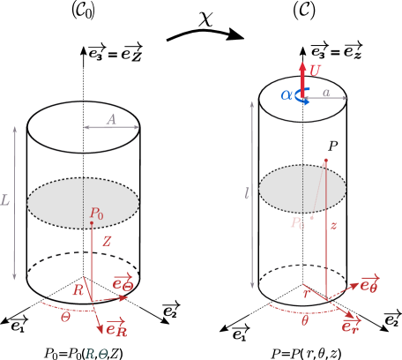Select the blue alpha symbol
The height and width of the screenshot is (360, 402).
[x=287, y=94]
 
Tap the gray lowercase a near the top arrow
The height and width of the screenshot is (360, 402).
[x=326, y=93]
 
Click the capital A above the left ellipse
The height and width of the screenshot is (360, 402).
[x=111, y=118]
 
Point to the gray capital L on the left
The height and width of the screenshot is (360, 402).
[x=5, y=200]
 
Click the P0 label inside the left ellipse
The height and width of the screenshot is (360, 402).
[x=96, y=214]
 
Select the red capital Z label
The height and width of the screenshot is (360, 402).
[x=107, y=241]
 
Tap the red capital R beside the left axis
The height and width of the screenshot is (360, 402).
[x=78, y=290]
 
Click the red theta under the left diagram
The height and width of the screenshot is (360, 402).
[x=65, y=316]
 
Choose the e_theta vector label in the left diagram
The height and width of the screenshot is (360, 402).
[x=123, y=282]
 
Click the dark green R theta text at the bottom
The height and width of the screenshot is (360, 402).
[x=95, y=353]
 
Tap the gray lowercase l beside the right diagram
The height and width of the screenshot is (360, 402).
[x=247, y=193]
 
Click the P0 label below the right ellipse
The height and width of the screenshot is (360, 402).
[x=298, y=223]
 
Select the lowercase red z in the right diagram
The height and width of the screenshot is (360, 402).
[x=333, y=226]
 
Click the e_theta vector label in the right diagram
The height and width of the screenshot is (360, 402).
[x=369, y=283]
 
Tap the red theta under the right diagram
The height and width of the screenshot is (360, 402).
[x=305, y=321]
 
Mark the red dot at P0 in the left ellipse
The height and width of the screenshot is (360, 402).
[x=92, y=222]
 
